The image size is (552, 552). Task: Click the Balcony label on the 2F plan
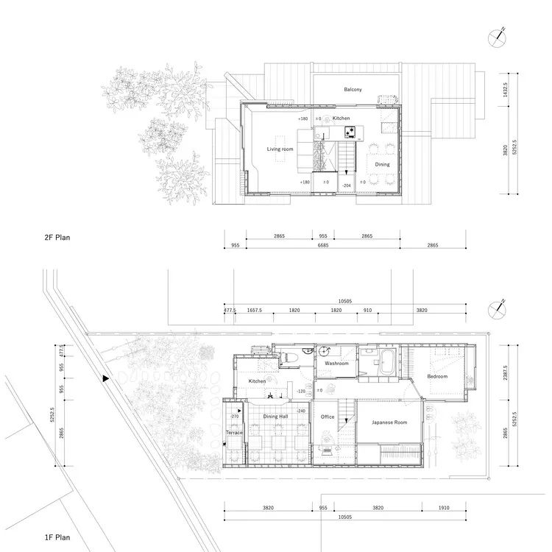(353, 90)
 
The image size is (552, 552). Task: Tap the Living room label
(280, 149)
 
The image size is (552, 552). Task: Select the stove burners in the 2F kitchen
(350, 132)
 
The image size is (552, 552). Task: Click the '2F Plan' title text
(63, 238)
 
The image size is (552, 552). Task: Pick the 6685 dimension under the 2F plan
(324, 245)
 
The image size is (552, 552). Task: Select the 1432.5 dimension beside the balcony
(506, 90)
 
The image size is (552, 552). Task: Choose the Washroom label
(336, 364)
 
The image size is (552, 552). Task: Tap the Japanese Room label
(390, 422)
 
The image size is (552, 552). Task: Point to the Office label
(328, 417)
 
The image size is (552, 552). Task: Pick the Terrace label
(234, 433)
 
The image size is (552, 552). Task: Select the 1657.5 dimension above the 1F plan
(255, 311)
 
